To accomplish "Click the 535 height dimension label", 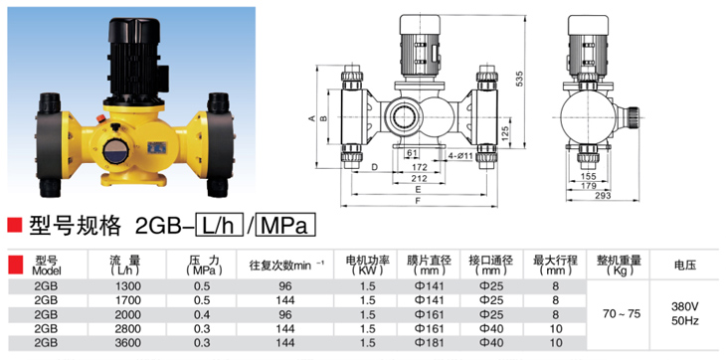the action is click(519, 80).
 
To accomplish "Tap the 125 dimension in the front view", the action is click(505, 133).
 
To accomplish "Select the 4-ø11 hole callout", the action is click(460, 156).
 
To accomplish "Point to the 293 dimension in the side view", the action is click(602, 196).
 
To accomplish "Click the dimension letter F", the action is click(418, 201).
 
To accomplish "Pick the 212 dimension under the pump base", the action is click(419, 178).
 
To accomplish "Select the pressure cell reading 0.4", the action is click(202, 314).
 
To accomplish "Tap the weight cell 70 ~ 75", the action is click(622, 314).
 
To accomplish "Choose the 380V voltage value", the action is click(685, 307).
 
